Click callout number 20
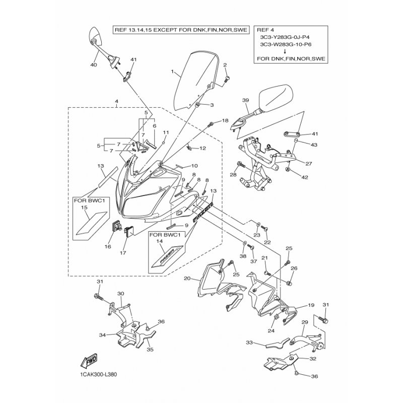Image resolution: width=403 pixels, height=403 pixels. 187,279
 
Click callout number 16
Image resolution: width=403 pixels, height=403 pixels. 108,247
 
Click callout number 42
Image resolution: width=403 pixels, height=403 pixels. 304,177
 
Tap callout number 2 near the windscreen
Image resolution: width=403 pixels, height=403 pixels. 225,65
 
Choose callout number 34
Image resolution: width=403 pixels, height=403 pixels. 102,334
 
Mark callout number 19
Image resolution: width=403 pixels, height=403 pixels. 311,305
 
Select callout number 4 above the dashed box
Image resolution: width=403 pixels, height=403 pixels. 116,101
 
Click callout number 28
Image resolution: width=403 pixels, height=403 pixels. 233,174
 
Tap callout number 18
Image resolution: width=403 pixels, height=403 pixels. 225,120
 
